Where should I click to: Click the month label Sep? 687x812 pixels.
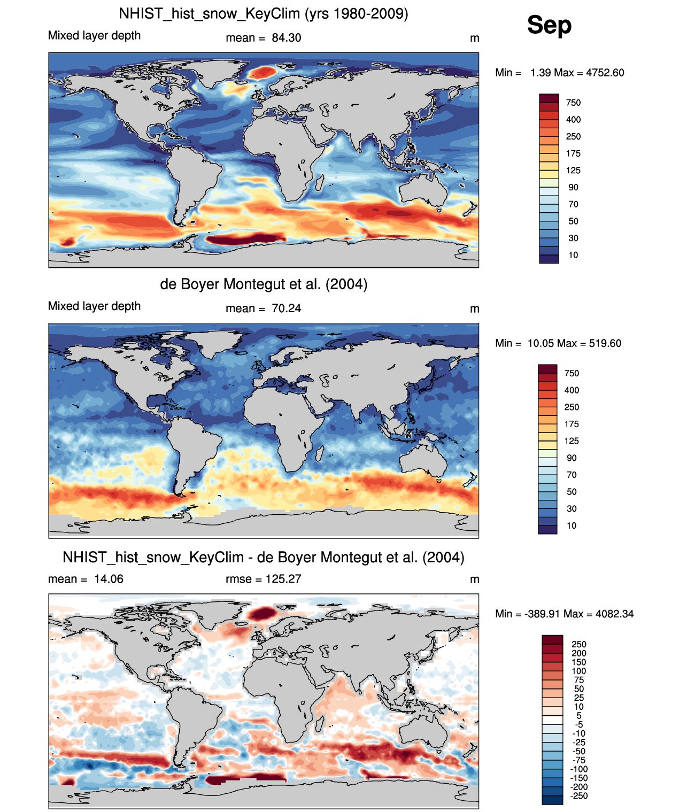549,25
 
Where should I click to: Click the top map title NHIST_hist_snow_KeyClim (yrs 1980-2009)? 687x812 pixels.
263,13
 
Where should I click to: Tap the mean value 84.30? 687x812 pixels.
286,38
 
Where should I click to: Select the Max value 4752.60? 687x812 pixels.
605,73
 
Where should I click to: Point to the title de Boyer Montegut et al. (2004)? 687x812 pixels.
264,284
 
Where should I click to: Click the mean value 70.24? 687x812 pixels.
286,308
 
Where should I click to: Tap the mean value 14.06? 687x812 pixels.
109,579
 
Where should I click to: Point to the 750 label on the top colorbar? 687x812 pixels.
573,103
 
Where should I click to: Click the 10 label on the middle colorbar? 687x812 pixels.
572,525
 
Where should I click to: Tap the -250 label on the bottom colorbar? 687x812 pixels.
579,796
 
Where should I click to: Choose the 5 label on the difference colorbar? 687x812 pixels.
579,715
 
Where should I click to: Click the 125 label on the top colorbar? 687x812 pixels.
573,171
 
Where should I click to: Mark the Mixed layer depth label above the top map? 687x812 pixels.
94,35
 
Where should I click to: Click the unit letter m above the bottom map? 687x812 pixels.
474,579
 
